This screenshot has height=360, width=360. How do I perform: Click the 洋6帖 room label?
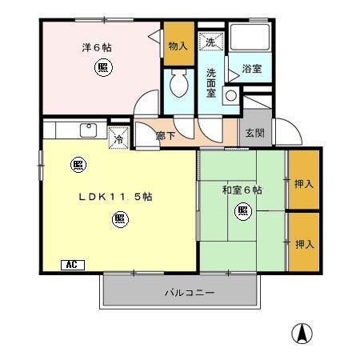[x=96, y=47]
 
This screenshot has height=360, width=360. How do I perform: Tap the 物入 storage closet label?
[x=177, y=46]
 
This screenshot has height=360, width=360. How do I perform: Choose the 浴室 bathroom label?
[x=252, y=70]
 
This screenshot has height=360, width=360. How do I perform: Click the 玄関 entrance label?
[x=254, y=133]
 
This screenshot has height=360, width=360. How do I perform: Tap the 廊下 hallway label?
[x=166, y=137]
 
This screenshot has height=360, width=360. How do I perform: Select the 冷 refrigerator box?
[x=118, y=136]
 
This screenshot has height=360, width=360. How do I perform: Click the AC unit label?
[x=70, y=264]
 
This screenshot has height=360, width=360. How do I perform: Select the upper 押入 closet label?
[x=304, y=183]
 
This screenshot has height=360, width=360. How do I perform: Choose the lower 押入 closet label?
[x=304, y=242]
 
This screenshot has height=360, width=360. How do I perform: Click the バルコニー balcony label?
[x=190, y=294]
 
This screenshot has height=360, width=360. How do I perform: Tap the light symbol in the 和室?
[x=242, y=211]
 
